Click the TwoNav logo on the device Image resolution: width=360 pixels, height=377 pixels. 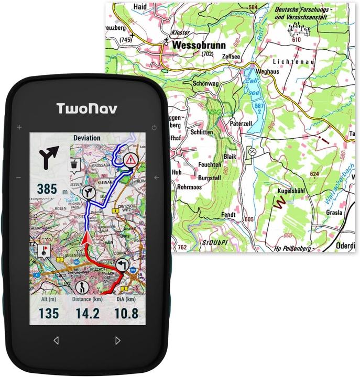87,109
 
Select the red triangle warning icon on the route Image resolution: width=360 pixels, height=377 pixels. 131,160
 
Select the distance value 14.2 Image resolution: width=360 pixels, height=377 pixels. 87,314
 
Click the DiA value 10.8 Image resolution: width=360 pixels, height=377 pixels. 126,314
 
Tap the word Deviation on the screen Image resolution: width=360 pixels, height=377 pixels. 87,138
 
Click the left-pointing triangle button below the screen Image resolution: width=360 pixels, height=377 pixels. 56,340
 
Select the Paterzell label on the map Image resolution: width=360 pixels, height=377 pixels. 241,124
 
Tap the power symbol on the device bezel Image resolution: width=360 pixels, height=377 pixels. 154,127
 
